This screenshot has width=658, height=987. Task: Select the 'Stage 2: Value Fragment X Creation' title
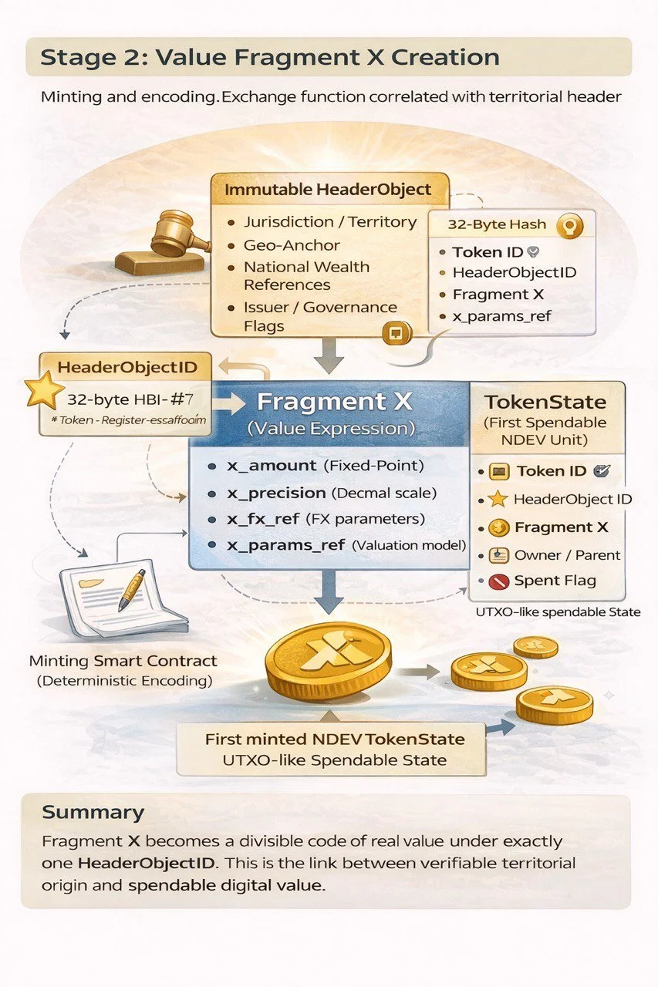point(270,57)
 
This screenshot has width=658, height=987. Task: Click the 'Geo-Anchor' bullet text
point(292,245)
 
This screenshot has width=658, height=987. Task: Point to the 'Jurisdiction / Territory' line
point(329,222)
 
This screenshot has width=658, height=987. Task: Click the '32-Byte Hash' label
point(497,225)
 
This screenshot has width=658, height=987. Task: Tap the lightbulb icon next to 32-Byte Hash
point(569,225)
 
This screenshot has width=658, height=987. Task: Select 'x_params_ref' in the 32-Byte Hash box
point(502,316)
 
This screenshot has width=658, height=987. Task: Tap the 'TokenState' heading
point(545,402)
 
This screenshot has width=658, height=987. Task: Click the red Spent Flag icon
point(498,581)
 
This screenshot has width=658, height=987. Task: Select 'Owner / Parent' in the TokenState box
point(567,554)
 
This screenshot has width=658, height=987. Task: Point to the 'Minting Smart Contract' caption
point(123,661)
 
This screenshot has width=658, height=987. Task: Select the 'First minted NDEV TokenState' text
point(335,739)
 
